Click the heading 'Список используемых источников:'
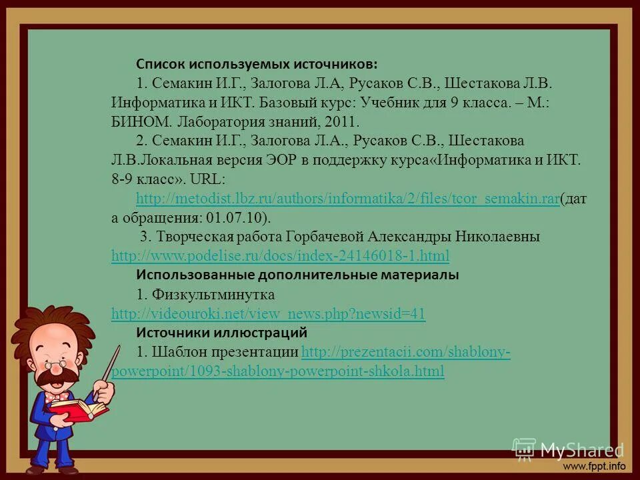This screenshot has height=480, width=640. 257,64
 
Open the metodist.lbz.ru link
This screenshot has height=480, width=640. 347,199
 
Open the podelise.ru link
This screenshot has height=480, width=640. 280,256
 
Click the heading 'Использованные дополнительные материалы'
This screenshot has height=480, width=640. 297,275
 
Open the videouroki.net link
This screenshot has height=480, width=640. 268,314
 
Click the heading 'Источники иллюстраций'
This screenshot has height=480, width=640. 222,332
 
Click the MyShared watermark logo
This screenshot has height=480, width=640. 568,450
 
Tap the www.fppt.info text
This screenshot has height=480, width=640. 595,465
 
